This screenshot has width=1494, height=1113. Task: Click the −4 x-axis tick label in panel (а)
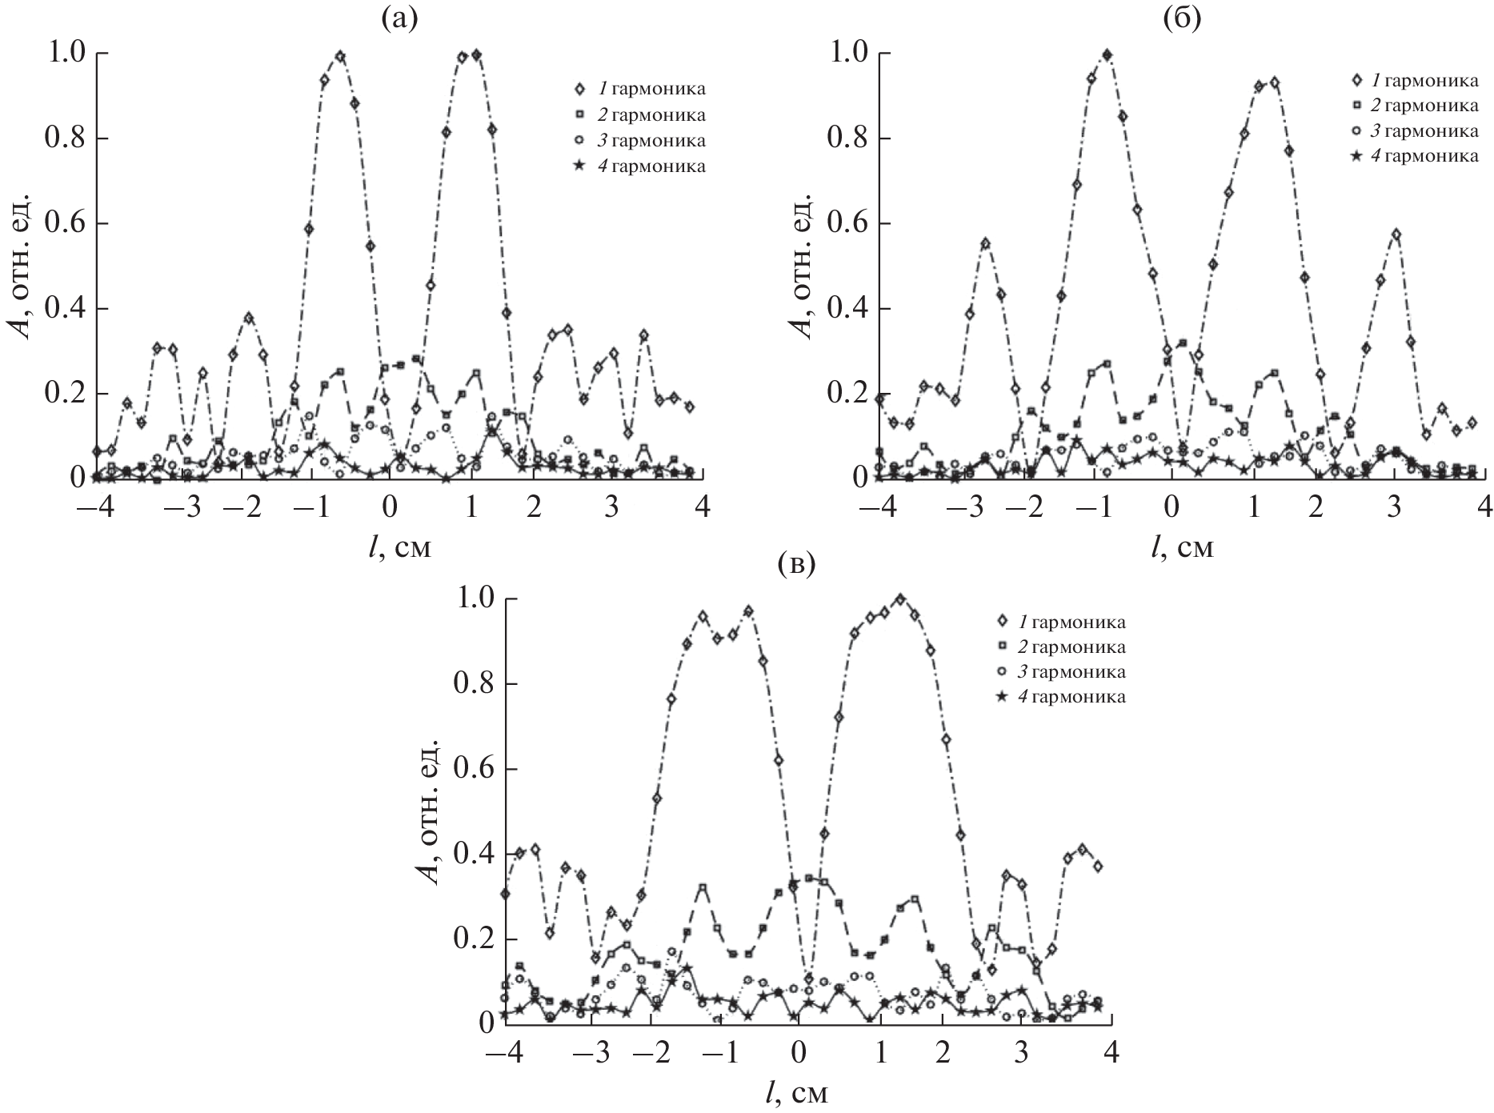click(x=89, y=510)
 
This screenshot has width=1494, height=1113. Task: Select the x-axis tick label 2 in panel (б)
click(x=1316, y=510)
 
